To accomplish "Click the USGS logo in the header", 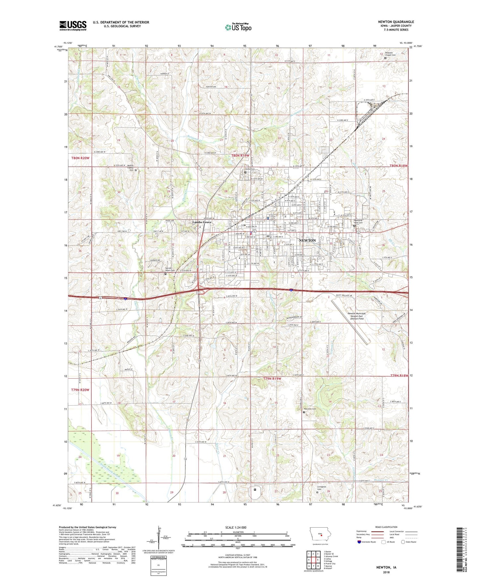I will pyautogui.click(x=73, y=26).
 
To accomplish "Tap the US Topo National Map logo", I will pyautogui.click(x=238, y=27).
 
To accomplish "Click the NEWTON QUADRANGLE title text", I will pyautogui.click(x=396, y=22).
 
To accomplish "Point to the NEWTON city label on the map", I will pyautogui.click(x=307, y=240).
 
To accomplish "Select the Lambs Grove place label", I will pyautogui.click(x=202, y=222).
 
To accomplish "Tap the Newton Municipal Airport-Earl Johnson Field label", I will pyautogui.click(x=357, y=316).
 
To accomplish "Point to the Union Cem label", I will pyautogui.click(x=250, y=169).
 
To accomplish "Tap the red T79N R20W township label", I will pyautogui.click(x=80, y=390).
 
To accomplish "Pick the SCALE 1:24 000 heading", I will pyautogui.click(x=236, y=527).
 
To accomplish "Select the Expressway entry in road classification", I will pyautogui.click(x=364, y=531).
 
